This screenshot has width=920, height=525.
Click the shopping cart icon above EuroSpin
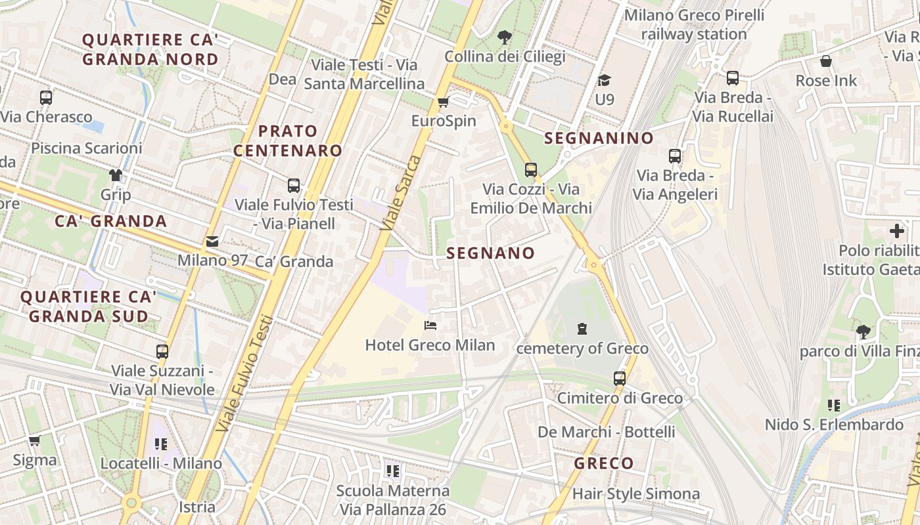coord(443,102)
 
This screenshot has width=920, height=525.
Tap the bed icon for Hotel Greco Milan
coord(430,325)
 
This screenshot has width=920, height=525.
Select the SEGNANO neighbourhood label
coord(491,253)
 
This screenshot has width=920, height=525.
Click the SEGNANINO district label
coord(599,138)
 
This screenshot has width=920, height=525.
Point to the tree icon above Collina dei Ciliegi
coord(505,37)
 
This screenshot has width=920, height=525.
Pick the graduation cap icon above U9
coord(604,81)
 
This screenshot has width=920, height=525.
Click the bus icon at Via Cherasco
coord(46,98)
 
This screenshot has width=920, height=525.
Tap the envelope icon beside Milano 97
coord(212,241)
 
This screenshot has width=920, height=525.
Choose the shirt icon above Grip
coord(116,175)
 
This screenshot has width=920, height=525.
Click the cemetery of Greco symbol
coord(582,328)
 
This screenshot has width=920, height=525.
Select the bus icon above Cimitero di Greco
coord(620,378)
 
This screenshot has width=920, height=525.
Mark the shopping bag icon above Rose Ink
coord(826,61)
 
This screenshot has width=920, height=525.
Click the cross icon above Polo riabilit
coord(897,231)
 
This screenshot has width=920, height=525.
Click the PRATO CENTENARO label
coord(288,140)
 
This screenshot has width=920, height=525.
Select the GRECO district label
coord(604,463)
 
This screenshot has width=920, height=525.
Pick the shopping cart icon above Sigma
coord(34,440)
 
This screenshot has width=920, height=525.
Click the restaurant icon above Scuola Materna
coord(393,471)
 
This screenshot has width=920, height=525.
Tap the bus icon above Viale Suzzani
coord(162,351)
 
